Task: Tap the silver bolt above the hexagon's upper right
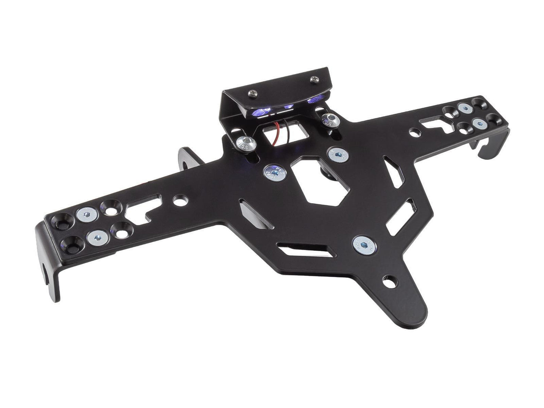pos(338,154)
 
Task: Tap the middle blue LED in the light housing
pos(289,107)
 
